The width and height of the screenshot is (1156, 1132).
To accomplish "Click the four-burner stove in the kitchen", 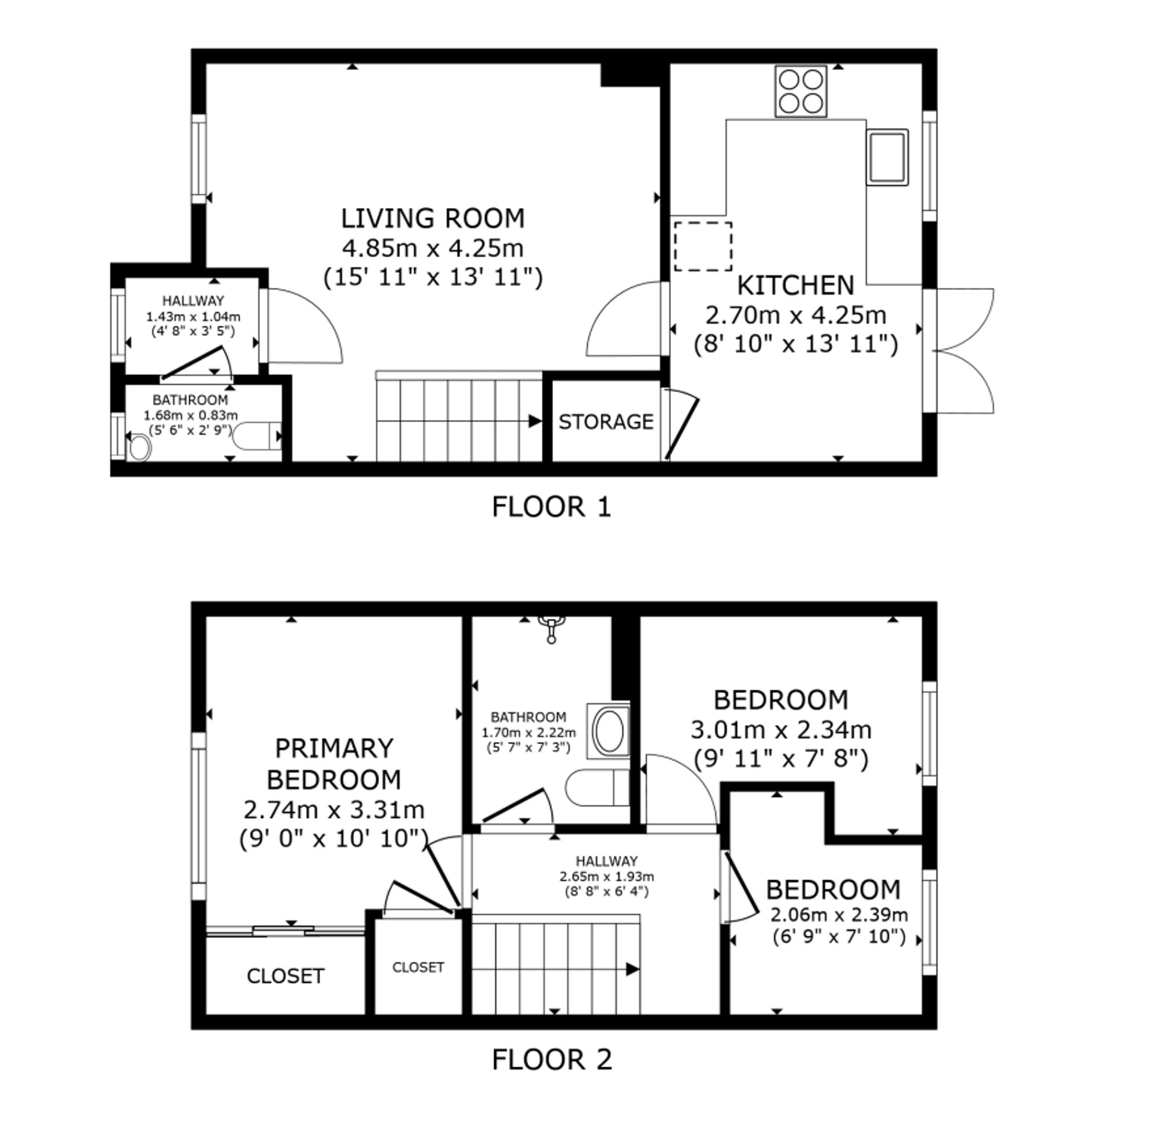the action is click(801, 91).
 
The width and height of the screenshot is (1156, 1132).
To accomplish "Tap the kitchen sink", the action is click(887, 157).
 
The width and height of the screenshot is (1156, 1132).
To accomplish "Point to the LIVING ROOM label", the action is click(433, 218).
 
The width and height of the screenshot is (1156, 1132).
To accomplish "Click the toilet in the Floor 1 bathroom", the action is click(256, 436).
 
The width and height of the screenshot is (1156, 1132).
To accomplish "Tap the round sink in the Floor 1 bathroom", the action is click(140, 448).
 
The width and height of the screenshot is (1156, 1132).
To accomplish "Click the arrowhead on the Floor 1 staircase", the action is click(535, 421).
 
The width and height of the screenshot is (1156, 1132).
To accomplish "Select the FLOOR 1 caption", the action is click(551, 507).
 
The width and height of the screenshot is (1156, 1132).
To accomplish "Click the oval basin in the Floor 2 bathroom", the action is click(608, 731).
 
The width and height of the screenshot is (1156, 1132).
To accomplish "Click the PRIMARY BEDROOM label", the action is click(334, 763).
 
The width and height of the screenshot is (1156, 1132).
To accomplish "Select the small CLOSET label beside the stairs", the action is click(418, 967).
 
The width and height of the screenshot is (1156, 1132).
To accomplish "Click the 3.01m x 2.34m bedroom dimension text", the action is click(781, 729).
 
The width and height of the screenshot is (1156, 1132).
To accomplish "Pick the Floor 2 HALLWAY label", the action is click(606, 861).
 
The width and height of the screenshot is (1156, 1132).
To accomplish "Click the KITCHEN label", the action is click(796, 285).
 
